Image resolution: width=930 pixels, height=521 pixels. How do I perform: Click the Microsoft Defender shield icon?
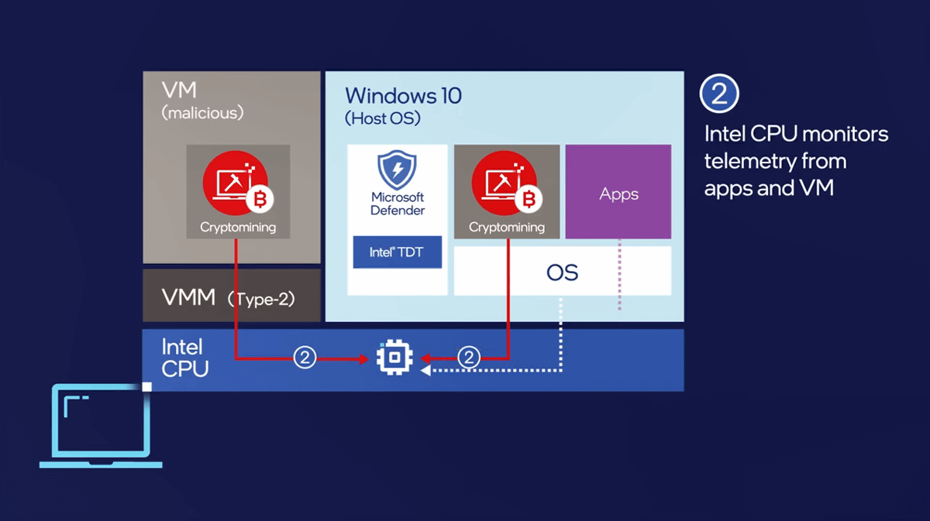point(397,170)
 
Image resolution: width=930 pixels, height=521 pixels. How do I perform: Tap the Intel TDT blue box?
point(397,252)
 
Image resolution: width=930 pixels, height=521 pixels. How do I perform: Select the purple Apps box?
point(618,192)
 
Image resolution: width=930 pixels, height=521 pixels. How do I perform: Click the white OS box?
point(562,272)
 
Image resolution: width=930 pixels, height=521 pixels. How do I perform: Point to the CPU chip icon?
point(394,358)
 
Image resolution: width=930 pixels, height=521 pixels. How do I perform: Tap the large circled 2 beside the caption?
point(719,94)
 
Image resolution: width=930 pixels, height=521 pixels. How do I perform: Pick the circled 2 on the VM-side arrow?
point(305,358)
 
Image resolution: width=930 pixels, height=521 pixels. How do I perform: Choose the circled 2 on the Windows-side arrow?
point(468,358)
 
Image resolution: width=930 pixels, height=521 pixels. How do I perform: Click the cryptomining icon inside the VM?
point(237,183)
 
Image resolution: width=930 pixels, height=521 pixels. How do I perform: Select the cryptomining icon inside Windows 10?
point(506,183)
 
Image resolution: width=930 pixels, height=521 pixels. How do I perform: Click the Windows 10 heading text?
point(403,96)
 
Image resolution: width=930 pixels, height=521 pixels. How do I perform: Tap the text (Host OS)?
point(383,119)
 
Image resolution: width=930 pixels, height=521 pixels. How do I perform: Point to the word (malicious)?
point(202,113)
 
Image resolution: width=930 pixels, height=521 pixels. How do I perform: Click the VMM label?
point(188,296)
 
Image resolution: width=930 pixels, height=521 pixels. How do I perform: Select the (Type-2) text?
point(262,299)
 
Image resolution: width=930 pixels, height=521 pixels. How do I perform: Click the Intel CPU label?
point(184,358)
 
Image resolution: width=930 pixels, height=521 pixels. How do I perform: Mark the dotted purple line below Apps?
point(619,275)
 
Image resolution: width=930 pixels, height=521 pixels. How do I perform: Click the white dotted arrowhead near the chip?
point(425,371)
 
